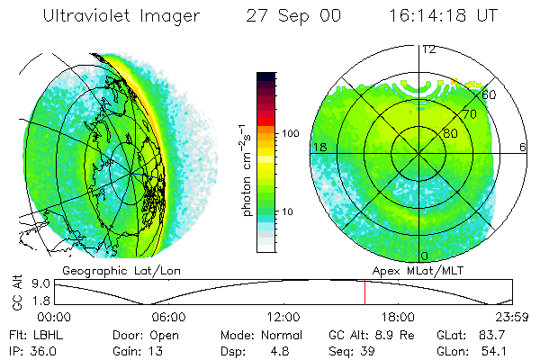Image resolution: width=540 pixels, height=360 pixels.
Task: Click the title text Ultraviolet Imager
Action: coord(119,17)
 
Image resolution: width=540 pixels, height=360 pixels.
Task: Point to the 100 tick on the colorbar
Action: coord(290,133)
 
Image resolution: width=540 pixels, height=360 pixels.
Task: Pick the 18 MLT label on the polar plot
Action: coord(318,147)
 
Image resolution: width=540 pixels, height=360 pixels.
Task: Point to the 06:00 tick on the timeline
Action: coord(169,317)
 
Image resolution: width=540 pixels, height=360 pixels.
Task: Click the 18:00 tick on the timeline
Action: coord(398,317)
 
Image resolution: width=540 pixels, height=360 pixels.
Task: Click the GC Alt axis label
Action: coord(15,292)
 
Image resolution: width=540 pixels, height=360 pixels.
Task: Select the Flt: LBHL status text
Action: coord(31,333)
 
